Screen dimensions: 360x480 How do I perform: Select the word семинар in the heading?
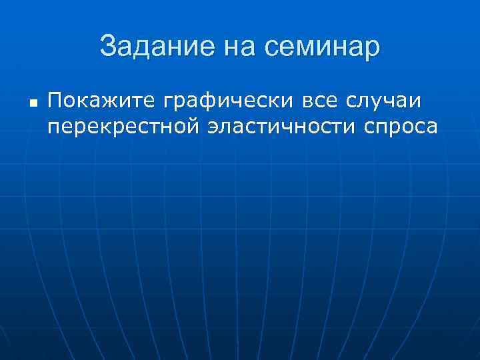(323, 48)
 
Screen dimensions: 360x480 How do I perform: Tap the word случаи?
(393, 102)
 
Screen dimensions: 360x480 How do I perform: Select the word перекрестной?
(123, 126)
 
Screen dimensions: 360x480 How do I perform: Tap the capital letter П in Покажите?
(55, 102)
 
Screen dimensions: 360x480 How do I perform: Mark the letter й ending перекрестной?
(193, 126)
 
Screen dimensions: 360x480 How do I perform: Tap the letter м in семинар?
(308, 49)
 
